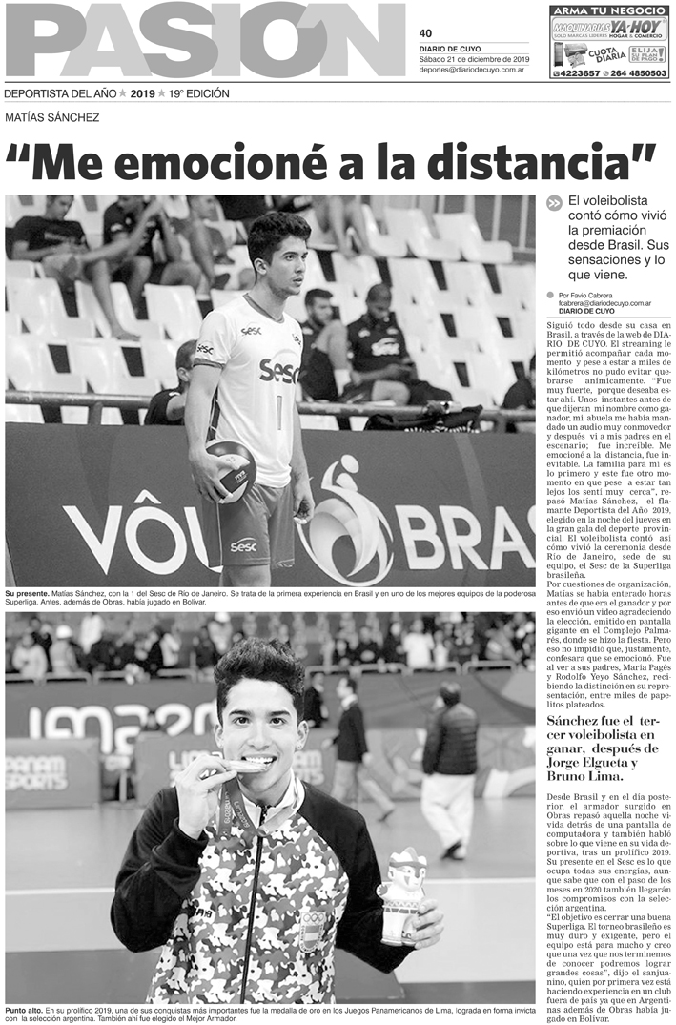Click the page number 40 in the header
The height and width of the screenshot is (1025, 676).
[x=425, y=32]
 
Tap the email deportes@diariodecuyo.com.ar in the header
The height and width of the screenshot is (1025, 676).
[x=474, y=70]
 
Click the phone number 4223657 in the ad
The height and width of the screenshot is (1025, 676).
[x=576, y=72]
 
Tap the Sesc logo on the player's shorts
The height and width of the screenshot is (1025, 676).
[x=243, y=546]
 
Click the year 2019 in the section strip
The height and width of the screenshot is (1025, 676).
[x=142, y=93]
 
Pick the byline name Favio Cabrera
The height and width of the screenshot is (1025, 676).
[x=598, y=296]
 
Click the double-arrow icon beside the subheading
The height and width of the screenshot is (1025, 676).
[x=555, y=203]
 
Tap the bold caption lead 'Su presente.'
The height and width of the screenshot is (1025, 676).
[x=26, y=593]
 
